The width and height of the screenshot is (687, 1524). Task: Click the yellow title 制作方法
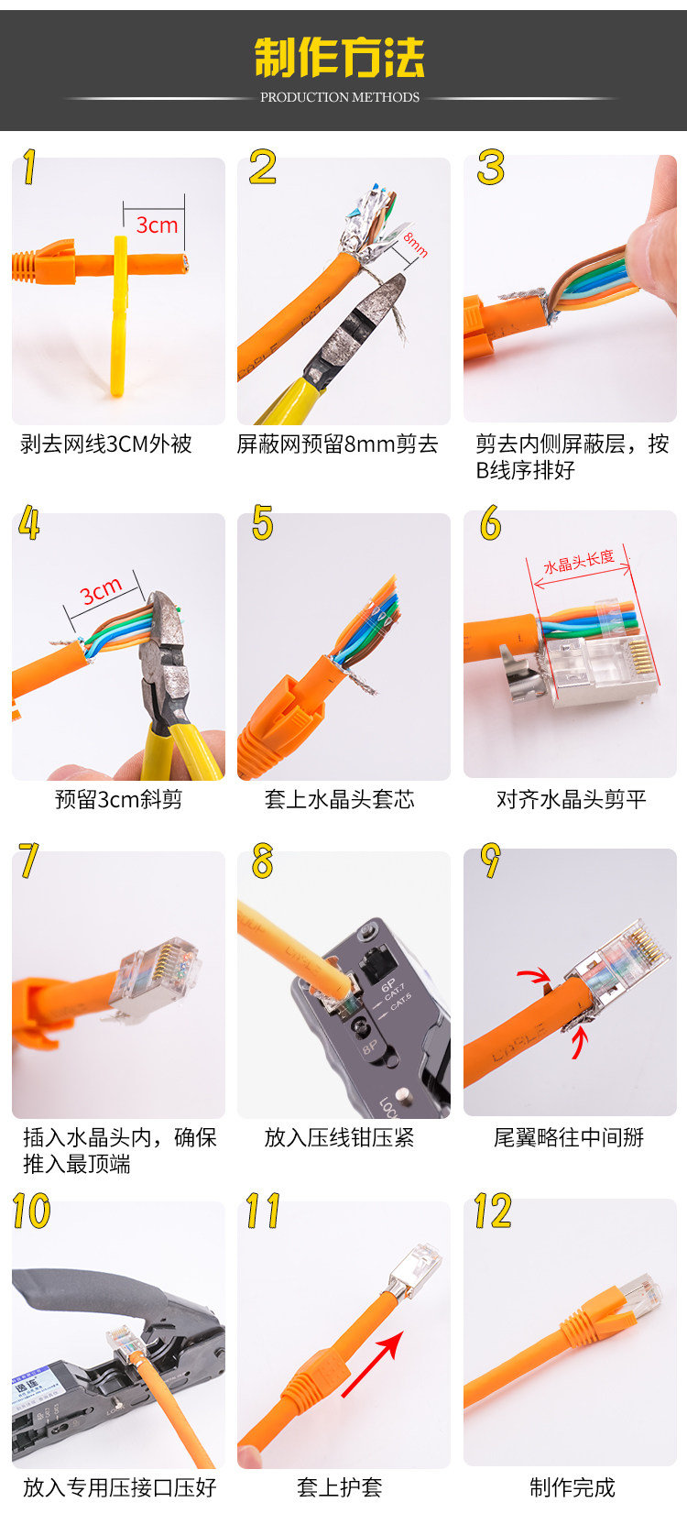(x=340, y=57)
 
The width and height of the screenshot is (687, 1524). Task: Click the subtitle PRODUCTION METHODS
(x=340, y=97)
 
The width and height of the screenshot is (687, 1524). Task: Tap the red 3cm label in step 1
(x=158, y=225)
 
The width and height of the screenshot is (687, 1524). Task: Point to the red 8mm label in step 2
(x=415, y=245)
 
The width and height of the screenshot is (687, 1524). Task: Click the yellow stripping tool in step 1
(x=120, y=315)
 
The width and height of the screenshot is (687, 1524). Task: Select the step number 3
(x=490, y=168)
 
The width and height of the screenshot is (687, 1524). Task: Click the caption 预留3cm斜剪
(x=118, y=799)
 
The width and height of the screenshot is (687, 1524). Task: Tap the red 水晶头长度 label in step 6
(x=579, y=561)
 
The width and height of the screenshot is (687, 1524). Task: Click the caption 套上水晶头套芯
(x=340, y=799)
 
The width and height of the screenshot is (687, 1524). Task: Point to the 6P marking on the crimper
(x=388, y=985)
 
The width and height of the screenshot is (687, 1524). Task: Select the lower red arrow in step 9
(x=579, y=1042)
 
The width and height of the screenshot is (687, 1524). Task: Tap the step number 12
(x=493, y=1211)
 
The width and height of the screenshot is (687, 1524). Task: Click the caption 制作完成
(x=572, y=1488)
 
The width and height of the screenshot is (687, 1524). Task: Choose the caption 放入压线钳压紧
(x=340, y=1137)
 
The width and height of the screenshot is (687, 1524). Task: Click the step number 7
(x=28, y=860)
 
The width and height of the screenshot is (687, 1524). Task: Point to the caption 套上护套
(x=340, y=1488)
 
